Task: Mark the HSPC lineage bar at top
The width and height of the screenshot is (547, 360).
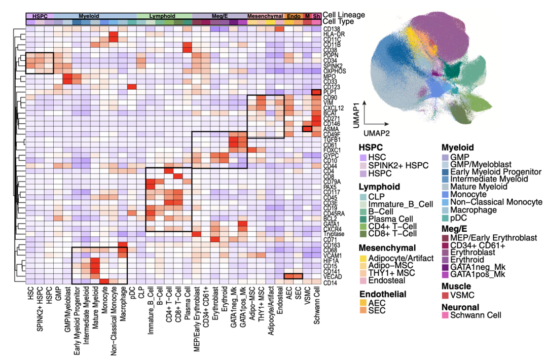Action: [39, 16]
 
